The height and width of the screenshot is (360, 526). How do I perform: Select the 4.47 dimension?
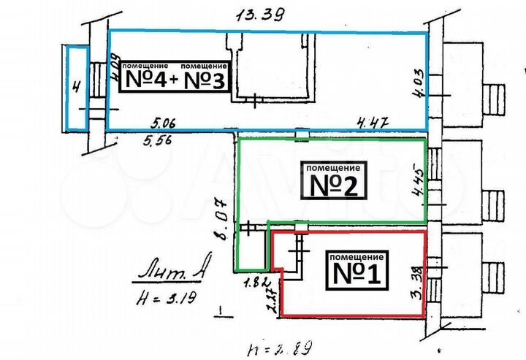[370, 122]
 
